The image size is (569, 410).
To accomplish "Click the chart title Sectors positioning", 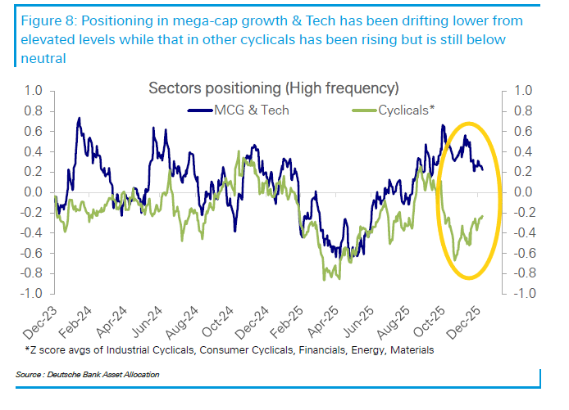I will tap(273, 88).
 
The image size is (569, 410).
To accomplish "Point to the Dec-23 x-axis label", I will tap(40, 322).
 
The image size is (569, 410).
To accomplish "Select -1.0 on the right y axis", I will tap(525, 293).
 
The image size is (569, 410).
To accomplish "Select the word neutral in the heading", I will tap(41, 58).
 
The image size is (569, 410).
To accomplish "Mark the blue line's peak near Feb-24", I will tap(79, 118).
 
